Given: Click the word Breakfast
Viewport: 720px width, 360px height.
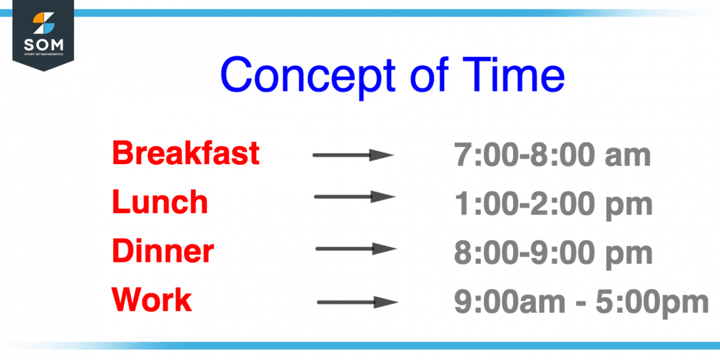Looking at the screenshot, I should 185,153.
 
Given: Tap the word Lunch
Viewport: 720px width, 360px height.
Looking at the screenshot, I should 160,202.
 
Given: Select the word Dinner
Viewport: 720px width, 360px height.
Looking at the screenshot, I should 163,251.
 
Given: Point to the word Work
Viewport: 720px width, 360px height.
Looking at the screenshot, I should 151,300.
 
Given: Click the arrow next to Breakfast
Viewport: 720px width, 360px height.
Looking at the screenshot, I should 353,155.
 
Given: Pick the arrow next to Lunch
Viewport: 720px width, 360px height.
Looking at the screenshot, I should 354,196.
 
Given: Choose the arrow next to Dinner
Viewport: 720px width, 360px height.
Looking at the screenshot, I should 356,249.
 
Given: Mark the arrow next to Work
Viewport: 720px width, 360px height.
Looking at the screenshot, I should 357,302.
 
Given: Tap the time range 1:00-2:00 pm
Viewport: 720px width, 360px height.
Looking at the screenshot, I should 553,205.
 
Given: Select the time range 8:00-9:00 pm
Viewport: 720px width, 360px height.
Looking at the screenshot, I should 553,253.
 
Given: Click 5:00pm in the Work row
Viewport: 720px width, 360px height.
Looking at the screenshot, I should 652,303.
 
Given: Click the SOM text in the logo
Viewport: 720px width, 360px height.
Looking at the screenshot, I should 43,44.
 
